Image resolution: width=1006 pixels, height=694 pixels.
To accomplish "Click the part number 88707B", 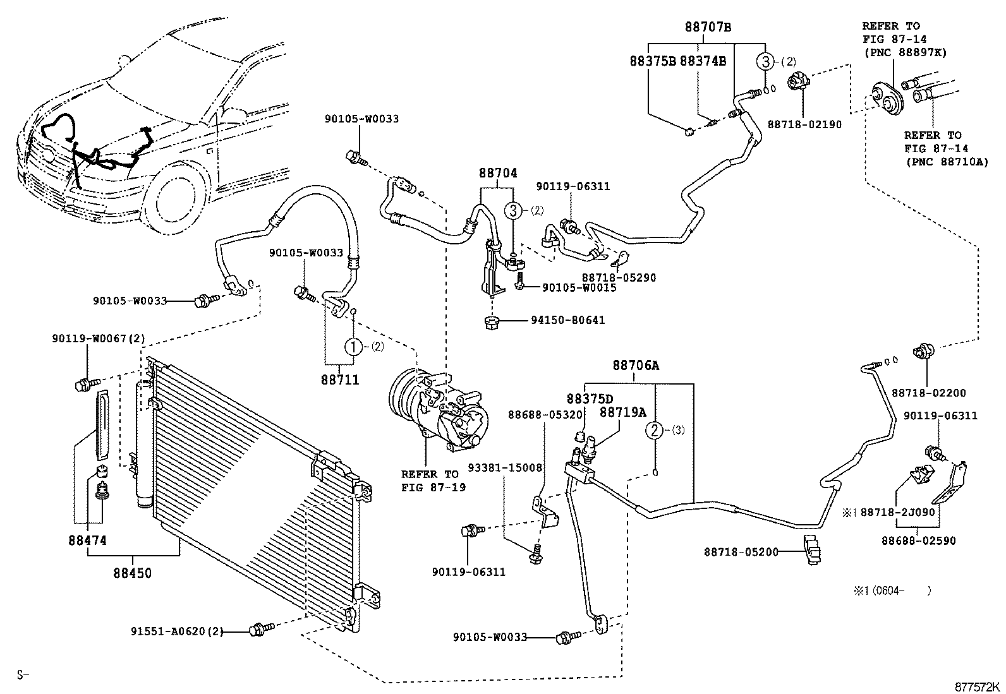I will point(708,27).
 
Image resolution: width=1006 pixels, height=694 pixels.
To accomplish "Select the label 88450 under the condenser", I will point(133,573).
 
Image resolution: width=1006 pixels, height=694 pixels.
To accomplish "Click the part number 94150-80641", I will point(567,320).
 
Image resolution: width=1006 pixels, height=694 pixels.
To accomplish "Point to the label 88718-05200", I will point(741,553).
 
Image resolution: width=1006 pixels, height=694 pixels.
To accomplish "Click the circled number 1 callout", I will point(353,347).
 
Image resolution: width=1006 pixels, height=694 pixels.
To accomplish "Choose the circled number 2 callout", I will point(655,431).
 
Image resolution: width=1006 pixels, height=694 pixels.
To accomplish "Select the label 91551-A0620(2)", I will point(178,631).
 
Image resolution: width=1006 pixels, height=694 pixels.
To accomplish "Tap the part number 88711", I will point(340,380).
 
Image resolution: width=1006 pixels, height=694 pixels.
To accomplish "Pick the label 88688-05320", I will point(545,415).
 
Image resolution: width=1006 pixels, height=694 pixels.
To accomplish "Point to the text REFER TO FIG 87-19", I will point(430,481).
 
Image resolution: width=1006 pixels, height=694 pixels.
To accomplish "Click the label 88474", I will point(88,541).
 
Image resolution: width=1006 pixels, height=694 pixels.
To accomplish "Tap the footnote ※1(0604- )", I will point(892,591).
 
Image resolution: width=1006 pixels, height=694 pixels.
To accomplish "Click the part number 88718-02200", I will point(929,393).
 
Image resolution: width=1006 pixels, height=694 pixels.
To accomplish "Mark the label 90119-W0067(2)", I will point(99,339).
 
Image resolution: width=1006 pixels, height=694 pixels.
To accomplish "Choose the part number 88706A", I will point(636,365).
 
